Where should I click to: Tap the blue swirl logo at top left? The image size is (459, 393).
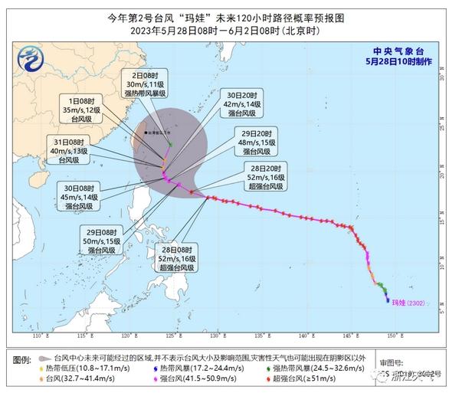32,57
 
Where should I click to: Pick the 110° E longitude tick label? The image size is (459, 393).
40,336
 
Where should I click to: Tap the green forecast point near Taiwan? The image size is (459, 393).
169,143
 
